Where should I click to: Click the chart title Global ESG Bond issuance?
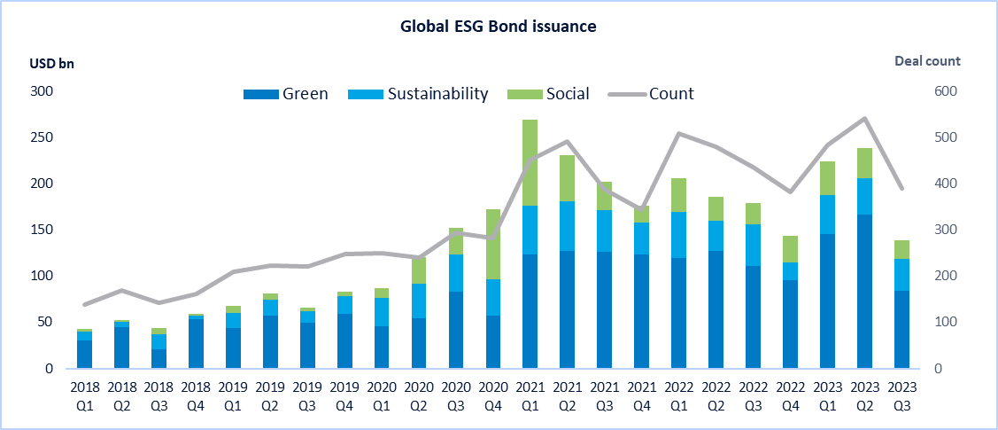(499, 27)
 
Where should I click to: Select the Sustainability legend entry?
(437, 94)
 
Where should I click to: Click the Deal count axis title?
(927, 61)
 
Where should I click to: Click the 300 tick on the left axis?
(42, 91)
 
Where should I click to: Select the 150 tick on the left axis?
(42, 230)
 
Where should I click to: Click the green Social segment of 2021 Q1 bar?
(530, 162)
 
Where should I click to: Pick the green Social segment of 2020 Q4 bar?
(492, 244)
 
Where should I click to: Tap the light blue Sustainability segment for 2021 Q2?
(567, 226)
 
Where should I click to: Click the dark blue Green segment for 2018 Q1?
(84, 354)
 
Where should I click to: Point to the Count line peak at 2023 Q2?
(864, 118)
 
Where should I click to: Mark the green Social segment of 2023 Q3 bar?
(901, 249)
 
